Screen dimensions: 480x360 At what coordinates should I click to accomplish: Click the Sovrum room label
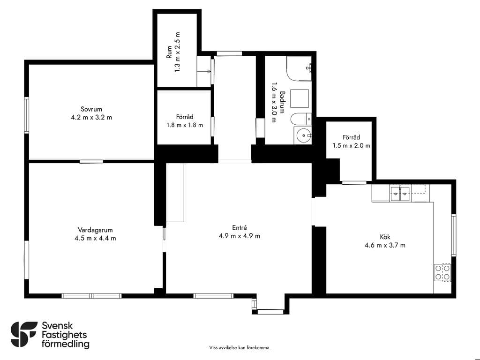pyautogui.click(x=91, y=109)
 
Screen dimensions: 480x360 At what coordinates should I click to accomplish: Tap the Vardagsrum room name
pyautogui.click(x=95, y=230)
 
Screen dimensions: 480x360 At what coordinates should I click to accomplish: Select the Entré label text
pyautogui.click(x=240, y=227)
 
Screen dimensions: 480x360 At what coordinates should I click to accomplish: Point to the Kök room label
pyautogui.click(x=385, y=237)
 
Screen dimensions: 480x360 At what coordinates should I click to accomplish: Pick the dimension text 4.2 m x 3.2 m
pyautogui.click(x=91, y=117)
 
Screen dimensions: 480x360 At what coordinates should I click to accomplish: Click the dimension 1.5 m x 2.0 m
pyautogui.click(x=352, y=146)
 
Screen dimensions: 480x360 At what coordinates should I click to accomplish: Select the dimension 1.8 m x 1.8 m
pyautogui.click(x=185, y=125)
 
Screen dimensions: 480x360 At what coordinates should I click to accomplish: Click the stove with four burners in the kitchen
pyautogui.click(x=442, y=272)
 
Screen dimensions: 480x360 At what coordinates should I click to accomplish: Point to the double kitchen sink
pyautogui.click(x=400, y=193)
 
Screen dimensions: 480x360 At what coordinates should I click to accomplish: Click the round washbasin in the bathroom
pyautogui.click(x=303, y=135)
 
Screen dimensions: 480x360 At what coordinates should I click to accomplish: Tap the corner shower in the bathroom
pyautogui.click(x=299, y=68)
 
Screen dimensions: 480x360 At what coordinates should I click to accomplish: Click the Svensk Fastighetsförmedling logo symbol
pyautogui.click(x=24, y=334)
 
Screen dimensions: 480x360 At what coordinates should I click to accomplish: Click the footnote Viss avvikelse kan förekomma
pyautogui.click(x=240, y=347)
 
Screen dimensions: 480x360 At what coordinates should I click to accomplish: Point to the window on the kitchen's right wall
pyautogui.click(x=453, y=235)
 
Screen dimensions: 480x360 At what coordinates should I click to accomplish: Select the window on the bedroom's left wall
pyautogui.click(x=27, y=115)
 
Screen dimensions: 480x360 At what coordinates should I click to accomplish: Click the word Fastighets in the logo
pyautogui.click(x=64, y=335)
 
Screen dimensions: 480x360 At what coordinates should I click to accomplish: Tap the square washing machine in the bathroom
pyautogui.click(x=300, y=99)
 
